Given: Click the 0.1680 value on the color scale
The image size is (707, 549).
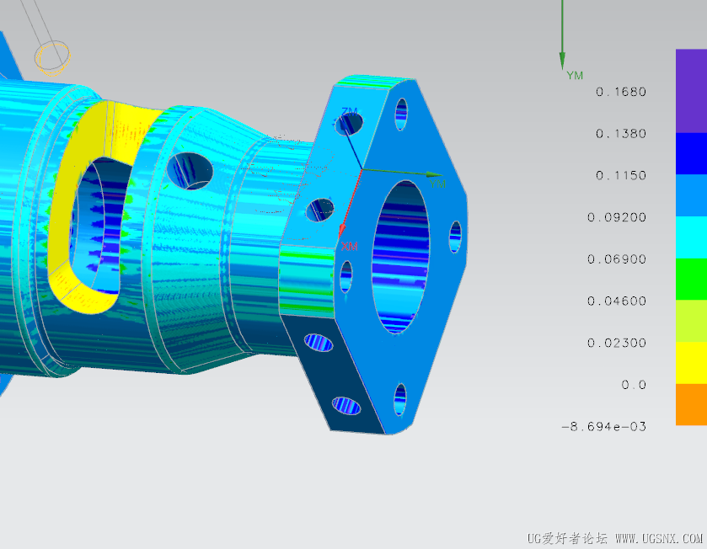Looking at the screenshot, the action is point(621,92).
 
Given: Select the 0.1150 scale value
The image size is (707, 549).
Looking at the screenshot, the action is point(621,175).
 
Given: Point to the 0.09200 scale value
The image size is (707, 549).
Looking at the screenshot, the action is point(616,217).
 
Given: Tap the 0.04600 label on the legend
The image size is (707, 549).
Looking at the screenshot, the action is point(616,301).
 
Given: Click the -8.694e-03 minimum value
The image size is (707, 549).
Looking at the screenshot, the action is point(603,427).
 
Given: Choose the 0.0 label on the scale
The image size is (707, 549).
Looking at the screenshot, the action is point(634,385).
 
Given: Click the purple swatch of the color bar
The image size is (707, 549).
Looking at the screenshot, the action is point(691,91).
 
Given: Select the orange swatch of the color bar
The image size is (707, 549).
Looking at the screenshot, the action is point(691,404).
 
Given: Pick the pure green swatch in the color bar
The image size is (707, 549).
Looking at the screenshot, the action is point(691,280).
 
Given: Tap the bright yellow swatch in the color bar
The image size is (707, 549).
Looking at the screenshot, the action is point(691,363).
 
